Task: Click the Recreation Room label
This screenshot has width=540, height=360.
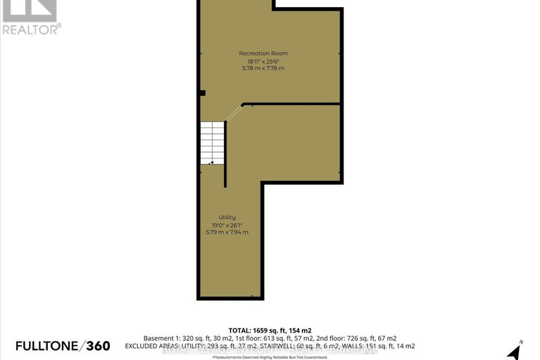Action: click(x=263, y=54)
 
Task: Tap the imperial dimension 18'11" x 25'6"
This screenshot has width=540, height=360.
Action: click(x=263, y=61)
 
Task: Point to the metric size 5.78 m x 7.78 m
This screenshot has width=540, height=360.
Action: click(x=263, y=68)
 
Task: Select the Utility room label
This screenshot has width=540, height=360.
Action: click(x=227, y=217)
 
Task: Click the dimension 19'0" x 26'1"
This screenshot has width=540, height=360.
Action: click(x=227, y=225)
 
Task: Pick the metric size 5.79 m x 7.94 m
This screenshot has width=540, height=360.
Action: click(x=227, y=232)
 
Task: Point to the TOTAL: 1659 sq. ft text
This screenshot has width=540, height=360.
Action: click(x=270, y=330)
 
